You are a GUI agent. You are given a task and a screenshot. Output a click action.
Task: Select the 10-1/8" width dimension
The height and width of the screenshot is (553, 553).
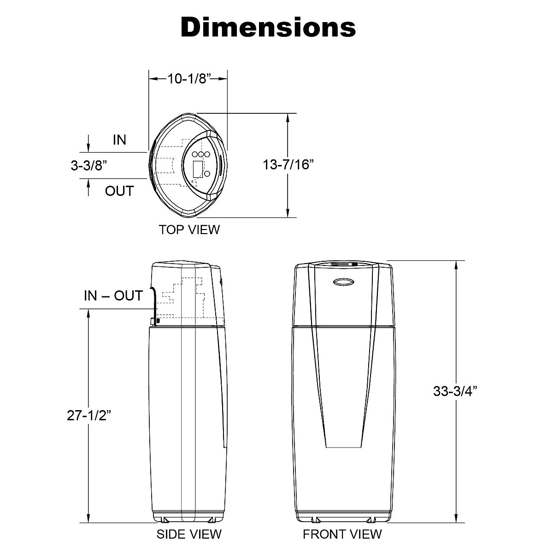click(188, 79)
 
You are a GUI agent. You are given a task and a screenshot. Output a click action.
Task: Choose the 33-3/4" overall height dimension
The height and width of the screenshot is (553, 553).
click(455, 391)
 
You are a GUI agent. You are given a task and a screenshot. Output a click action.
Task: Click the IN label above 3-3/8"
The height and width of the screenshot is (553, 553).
click(119, 140)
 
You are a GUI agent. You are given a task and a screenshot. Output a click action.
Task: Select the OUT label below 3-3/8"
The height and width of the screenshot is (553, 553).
click(119, 191)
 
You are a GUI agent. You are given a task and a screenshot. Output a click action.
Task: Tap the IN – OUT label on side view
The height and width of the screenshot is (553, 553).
click(113, 295)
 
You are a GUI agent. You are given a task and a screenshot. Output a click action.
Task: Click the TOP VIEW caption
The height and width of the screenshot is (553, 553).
click(189, 229)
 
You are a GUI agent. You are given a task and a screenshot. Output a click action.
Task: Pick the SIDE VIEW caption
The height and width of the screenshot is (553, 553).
click(189, 534)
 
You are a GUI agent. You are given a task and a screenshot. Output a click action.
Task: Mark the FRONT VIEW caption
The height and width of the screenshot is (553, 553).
click(342, 534)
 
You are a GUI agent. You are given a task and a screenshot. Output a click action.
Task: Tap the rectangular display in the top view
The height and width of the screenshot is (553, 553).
click(197, 169)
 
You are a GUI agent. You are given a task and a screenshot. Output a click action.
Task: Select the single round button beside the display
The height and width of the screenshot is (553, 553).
click(207, 174)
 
